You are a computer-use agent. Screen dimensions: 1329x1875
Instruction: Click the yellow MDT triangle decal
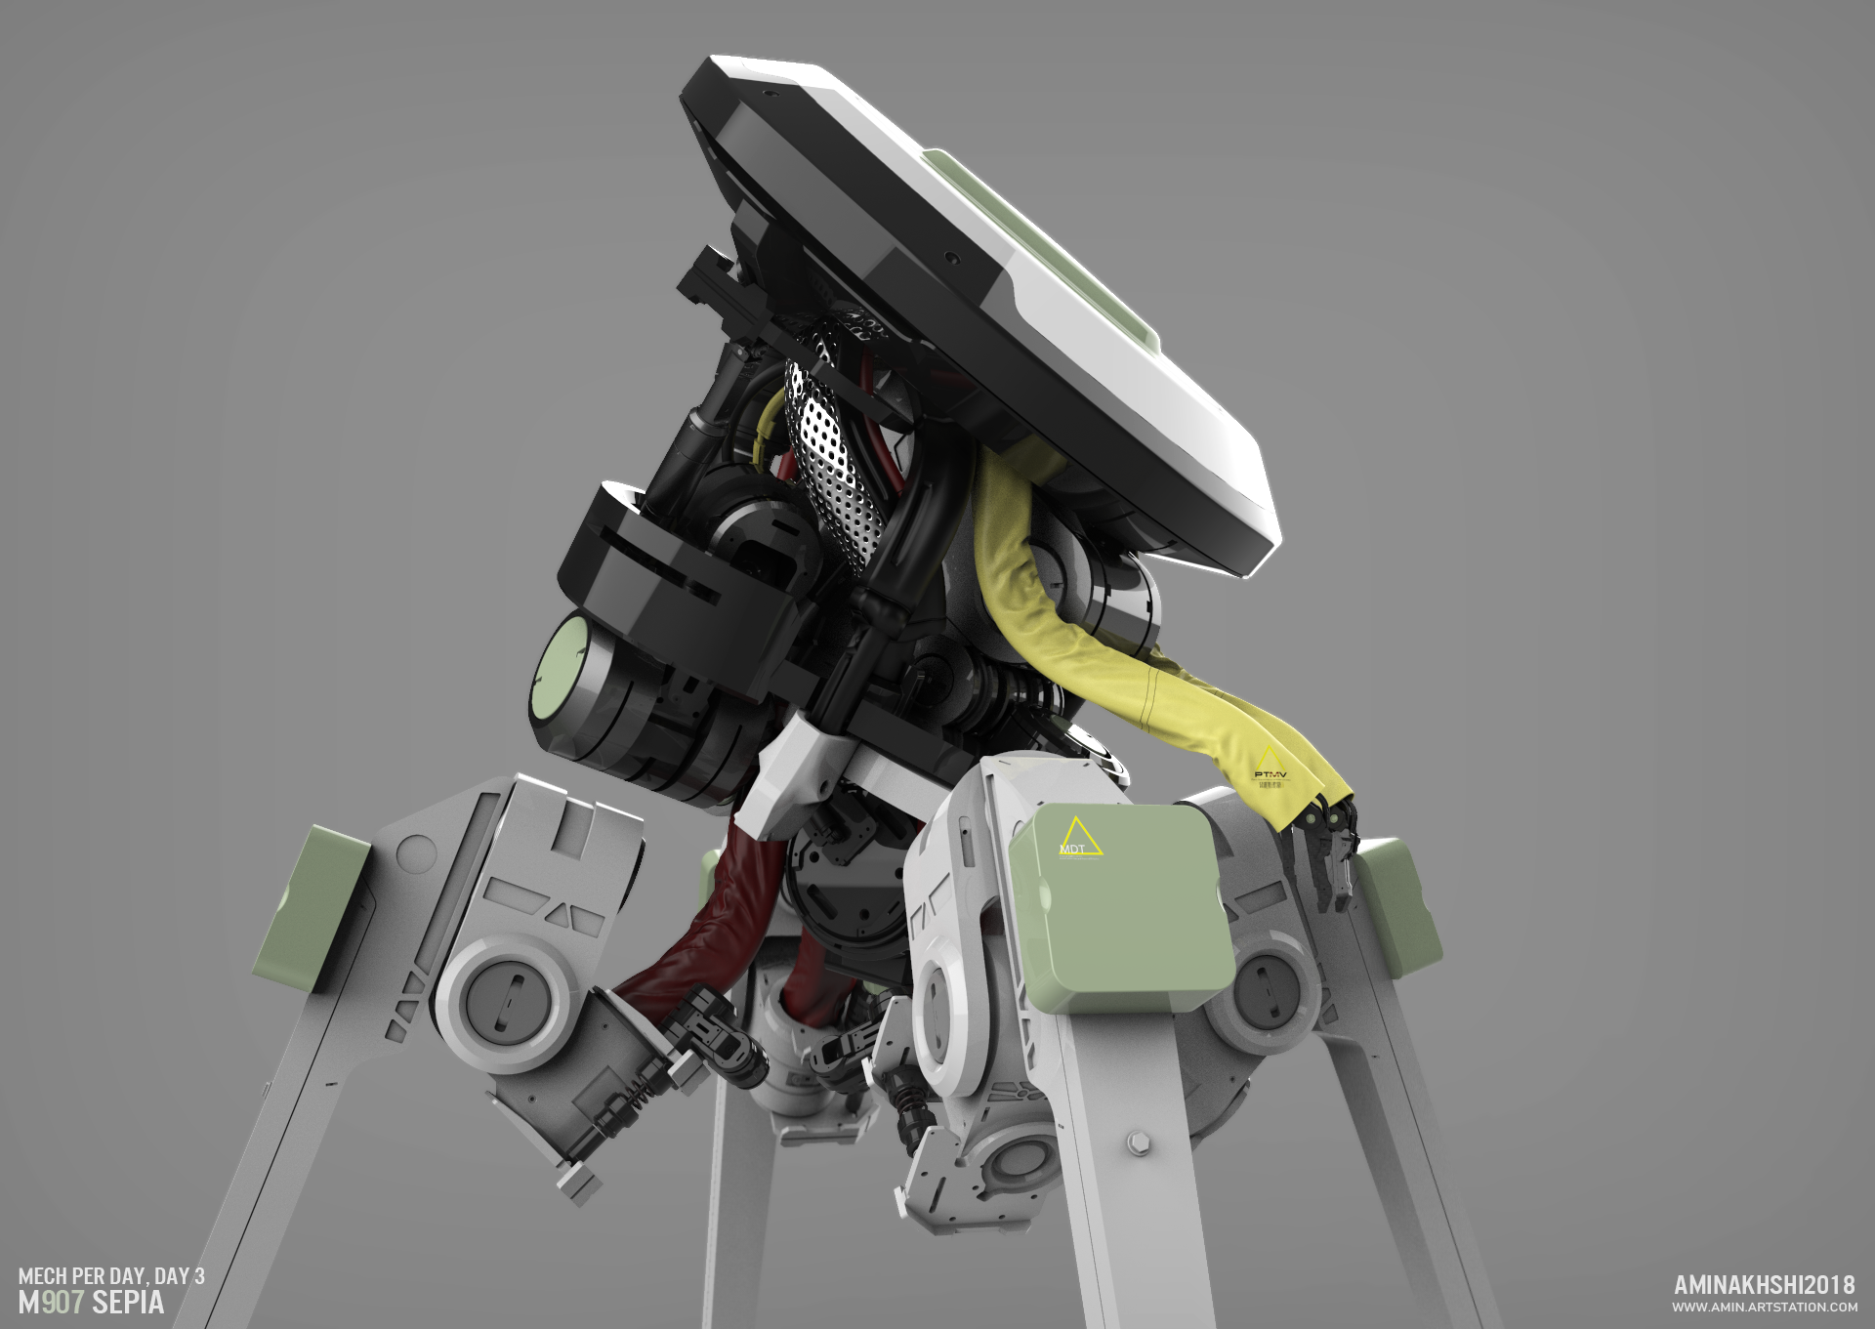point(1079,838)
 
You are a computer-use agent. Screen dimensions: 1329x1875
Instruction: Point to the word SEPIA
point(128,1303)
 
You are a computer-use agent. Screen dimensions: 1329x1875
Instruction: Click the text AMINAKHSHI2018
point(1764,1285)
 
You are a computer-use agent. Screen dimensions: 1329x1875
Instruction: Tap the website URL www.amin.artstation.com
point(1764,1307)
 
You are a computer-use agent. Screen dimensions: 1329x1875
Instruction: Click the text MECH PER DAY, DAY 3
point(111,1275)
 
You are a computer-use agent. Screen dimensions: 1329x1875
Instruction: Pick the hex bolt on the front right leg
point(1137,1142)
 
